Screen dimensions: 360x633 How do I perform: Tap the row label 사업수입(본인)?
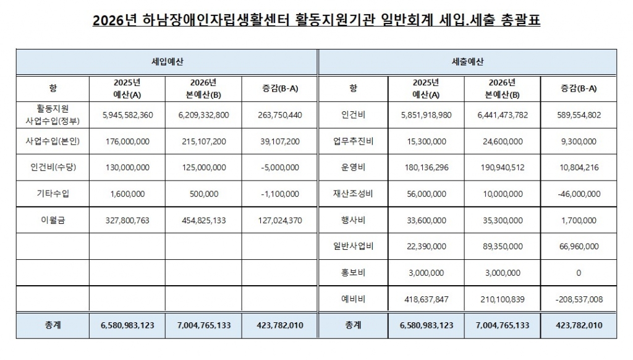(52, 142)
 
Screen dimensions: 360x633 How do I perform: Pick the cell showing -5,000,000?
(280, 168)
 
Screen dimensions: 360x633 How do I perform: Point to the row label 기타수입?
(52, 194)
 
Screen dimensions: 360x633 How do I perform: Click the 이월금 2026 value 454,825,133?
(203, 220)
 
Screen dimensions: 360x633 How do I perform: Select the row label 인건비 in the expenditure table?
(352, 115)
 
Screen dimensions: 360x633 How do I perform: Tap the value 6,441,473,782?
(503, 115)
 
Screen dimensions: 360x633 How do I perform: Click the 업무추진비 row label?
(352, 142)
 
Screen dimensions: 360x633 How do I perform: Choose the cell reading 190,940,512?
(503, 168)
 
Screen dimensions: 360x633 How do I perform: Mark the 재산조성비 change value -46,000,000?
(578, 194)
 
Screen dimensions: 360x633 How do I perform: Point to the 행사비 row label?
(352, 220)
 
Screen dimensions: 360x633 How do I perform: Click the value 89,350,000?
(503, 246)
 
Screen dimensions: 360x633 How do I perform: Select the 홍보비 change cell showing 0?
(578, 273)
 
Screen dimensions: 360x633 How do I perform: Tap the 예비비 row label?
(352, 299)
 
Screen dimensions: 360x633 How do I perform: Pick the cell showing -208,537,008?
(578, 299)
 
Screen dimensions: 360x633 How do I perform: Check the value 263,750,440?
(280, 115)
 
